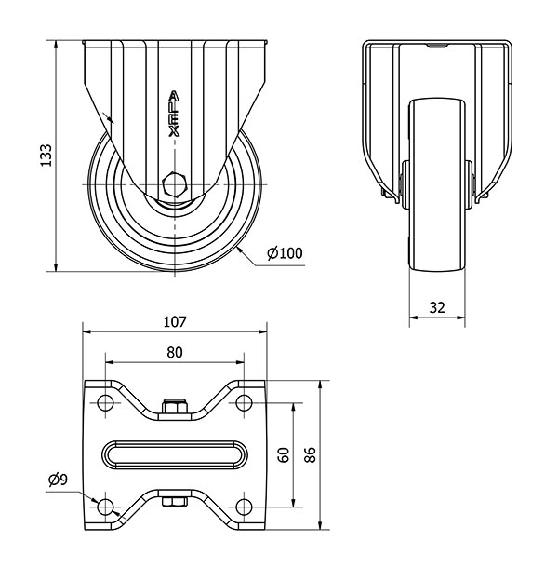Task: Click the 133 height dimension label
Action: tap(46, 156)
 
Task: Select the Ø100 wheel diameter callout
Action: tap(285, 253)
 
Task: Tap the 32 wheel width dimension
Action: tap(437, 307)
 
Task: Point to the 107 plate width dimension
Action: tap(175, 321)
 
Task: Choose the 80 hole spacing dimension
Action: tap(175, 352)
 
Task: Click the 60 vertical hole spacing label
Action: tap(284, 455)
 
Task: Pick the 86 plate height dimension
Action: tap(310, 455)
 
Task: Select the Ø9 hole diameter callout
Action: tap(58, 480)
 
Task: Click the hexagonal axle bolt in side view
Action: tap(175, 184)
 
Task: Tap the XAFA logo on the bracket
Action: tap(175, 114)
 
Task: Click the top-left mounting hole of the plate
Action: tap(105, 402)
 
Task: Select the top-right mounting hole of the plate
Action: tap(244, 402)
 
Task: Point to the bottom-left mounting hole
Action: tap(105, 507)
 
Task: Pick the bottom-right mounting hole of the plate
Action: tap(244, 507)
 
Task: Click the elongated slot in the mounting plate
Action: tap(175, 454)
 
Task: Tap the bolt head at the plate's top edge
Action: tap(175, 406)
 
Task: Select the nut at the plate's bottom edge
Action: tap(175, 502)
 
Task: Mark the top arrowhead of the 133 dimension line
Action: tap(56, 45)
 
